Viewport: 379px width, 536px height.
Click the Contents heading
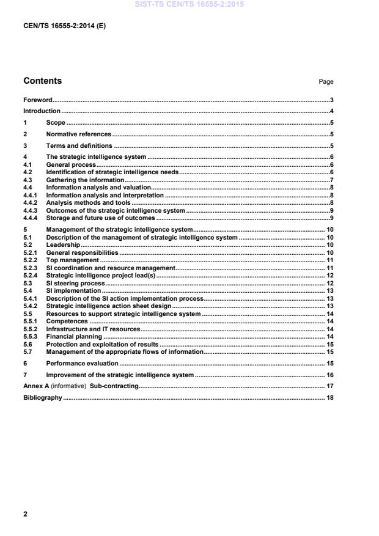pos(42,81)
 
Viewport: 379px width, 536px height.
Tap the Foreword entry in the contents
pos(37,100)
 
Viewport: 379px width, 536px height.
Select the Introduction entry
pos(42,111)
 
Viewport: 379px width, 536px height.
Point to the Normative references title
pos(79,134)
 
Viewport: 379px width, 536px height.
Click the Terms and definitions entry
pos(79,145)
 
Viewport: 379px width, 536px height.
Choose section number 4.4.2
pos(31,202)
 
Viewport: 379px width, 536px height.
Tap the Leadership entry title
pos(63,244)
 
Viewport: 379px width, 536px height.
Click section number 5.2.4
pos(31,276)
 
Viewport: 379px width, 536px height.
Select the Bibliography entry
pos(42,397)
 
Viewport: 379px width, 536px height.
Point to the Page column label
pos(326,82)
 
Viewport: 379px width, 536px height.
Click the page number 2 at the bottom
pos(25,514)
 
